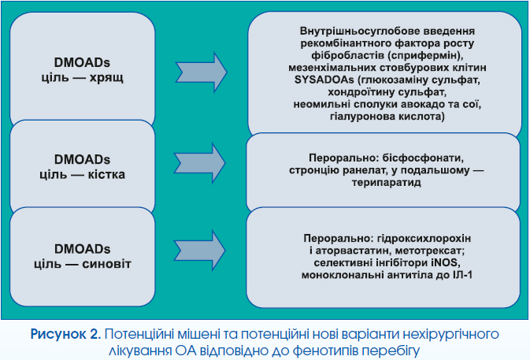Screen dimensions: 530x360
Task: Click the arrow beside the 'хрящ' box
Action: (201, 72)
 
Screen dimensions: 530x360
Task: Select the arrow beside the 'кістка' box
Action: (199, 163)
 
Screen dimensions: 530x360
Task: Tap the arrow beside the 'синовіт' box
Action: (199, 251)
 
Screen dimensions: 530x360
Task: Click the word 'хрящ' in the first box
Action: (106, 78)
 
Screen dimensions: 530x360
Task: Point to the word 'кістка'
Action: (106, 174)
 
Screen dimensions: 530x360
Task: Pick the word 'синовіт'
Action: (106, 264)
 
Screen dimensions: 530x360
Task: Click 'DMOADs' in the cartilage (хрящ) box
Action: (82, 63)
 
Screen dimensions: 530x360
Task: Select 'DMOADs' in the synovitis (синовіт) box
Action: (82, 249)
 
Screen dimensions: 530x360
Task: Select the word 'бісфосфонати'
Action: (423, 158)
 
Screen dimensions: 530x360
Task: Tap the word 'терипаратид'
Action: (387, 183)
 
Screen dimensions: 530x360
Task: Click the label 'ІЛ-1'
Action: (463, 275)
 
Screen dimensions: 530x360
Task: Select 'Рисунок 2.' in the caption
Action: (66, 334)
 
